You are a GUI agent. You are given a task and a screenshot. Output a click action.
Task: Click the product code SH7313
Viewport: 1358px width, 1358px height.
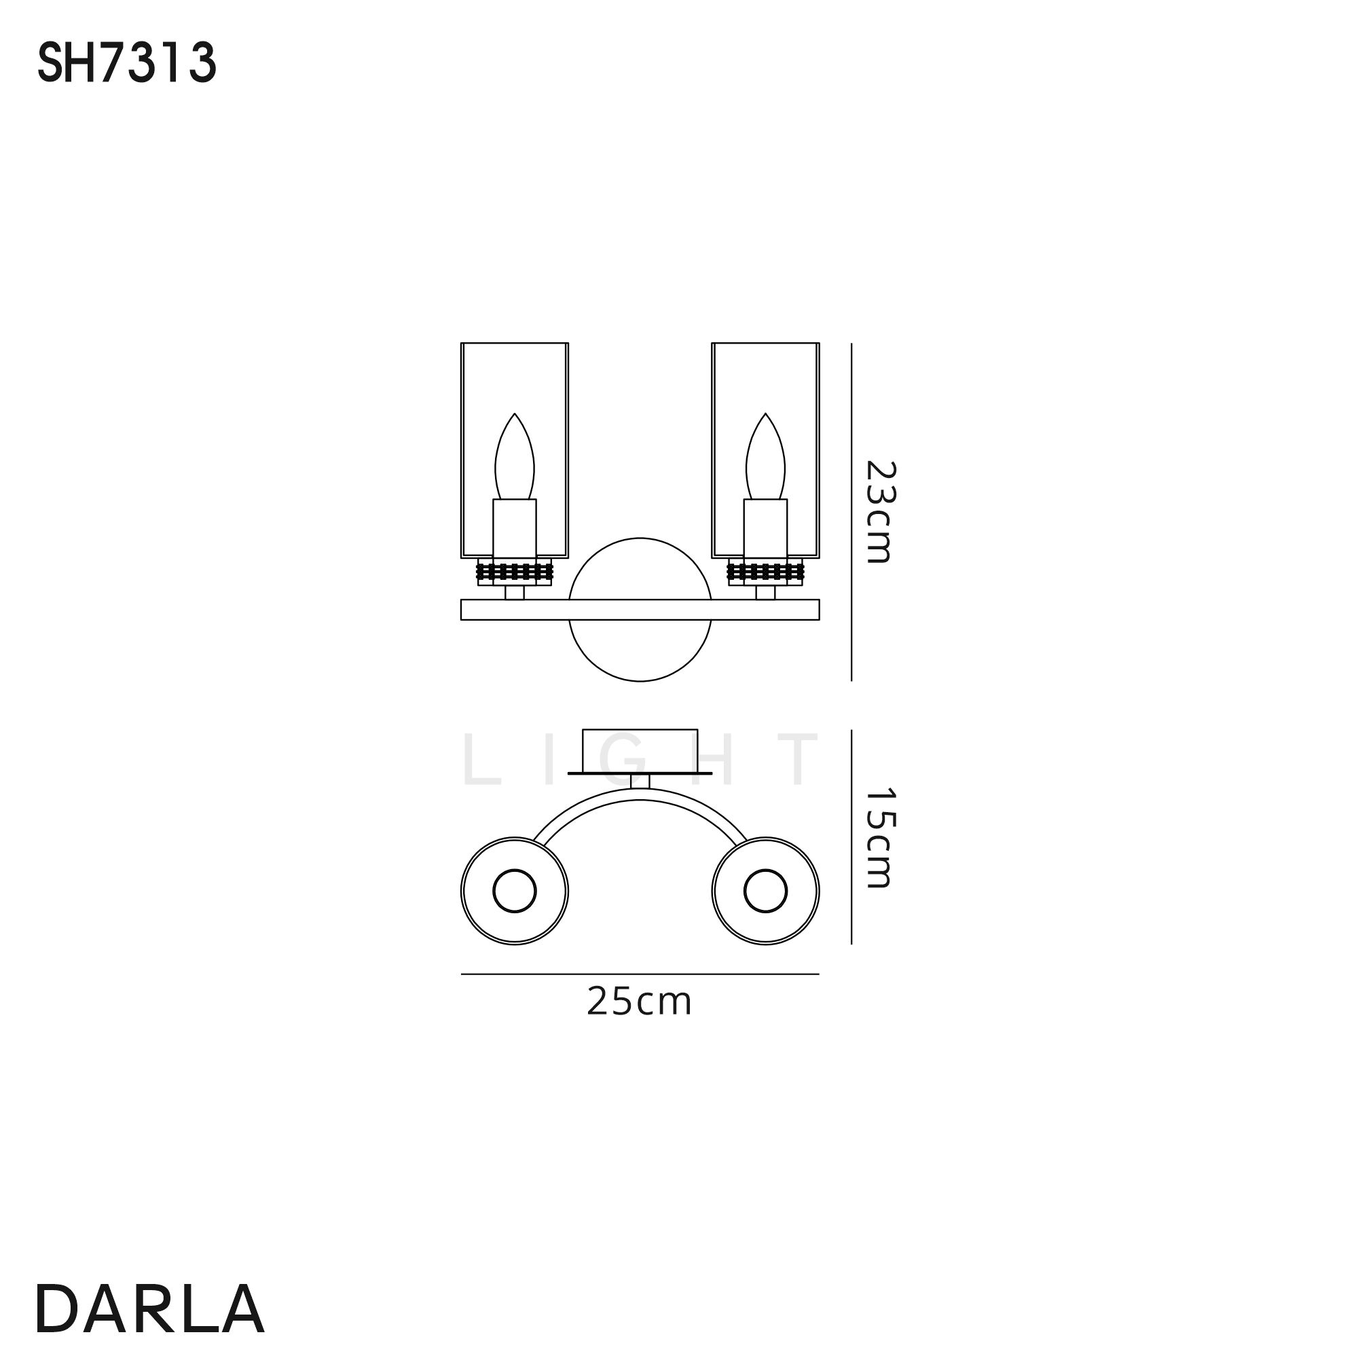pos(126,64)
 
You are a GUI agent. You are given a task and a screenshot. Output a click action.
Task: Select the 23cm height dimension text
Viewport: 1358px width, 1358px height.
pos(879,512)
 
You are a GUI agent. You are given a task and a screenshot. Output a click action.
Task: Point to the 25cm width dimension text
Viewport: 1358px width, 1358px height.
pos(640,1002)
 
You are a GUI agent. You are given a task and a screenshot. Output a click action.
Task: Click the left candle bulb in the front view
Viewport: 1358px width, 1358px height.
pos(515,456)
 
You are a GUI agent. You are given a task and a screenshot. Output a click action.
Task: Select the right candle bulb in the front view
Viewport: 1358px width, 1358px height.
pos(765,456)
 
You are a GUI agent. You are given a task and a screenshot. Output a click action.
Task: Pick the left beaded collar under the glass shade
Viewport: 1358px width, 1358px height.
pos(515,572)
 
